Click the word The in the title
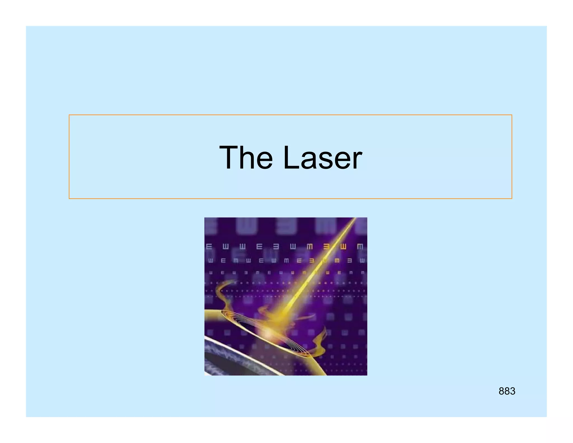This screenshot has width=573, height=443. (246, 157)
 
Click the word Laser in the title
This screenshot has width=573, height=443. (323, 157)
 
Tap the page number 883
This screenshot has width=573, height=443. (507, 391)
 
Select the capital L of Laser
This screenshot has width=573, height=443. (291, 157)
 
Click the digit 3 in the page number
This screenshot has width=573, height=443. (512, 391)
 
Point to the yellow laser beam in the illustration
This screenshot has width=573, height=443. (316, 269)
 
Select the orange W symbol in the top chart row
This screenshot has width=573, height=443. (343, 247)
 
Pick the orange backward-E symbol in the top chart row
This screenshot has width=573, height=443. (327, 247)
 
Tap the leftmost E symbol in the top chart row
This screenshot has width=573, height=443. (209, 247)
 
